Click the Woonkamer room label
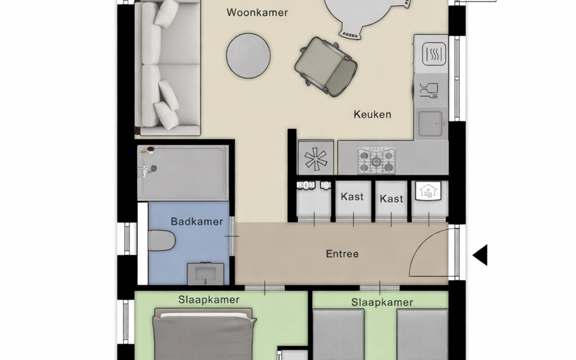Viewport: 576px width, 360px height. coord(257,13)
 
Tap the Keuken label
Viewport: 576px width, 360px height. coord(372,114)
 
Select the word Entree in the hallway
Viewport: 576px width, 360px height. coord(342,254)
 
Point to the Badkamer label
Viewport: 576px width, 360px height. coord(197,222)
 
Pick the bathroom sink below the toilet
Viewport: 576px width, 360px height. coord(205,274)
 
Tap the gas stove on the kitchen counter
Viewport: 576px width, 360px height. coord(376,160)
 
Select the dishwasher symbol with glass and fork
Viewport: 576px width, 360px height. coord(429,90)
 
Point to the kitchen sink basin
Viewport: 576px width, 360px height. coord(430,123)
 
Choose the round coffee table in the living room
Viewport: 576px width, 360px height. coord(248,55)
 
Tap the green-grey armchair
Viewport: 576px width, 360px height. coord(326,67)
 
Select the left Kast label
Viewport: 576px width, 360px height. coord(352,197)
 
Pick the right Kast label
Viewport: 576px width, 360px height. coord(391,199)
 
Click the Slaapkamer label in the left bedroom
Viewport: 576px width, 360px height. coord(209,300)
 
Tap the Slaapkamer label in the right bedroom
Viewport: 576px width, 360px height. coord(382,302)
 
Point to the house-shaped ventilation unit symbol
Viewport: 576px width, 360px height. coord(428,190)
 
